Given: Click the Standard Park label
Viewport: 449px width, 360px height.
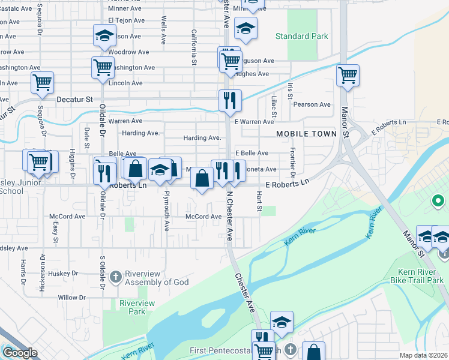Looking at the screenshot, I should [x=301, y=36].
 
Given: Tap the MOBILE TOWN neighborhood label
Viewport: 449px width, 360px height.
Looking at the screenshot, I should [x=306, y=134].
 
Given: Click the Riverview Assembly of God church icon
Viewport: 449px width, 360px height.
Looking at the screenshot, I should [x=115, y=277].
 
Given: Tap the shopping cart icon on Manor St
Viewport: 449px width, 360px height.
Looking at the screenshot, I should [x=348, y=76].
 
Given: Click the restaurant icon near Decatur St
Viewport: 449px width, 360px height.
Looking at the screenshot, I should [x=229, y=101].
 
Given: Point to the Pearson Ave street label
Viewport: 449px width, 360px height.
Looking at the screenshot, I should [x=312, y=104].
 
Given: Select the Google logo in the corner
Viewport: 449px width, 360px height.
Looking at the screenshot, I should [x=20, y=353].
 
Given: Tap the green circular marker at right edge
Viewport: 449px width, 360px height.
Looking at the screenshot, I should [x=438, y=201].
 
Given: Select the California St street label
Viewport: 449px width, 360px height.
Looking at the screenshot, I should [x=194, y=47].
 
